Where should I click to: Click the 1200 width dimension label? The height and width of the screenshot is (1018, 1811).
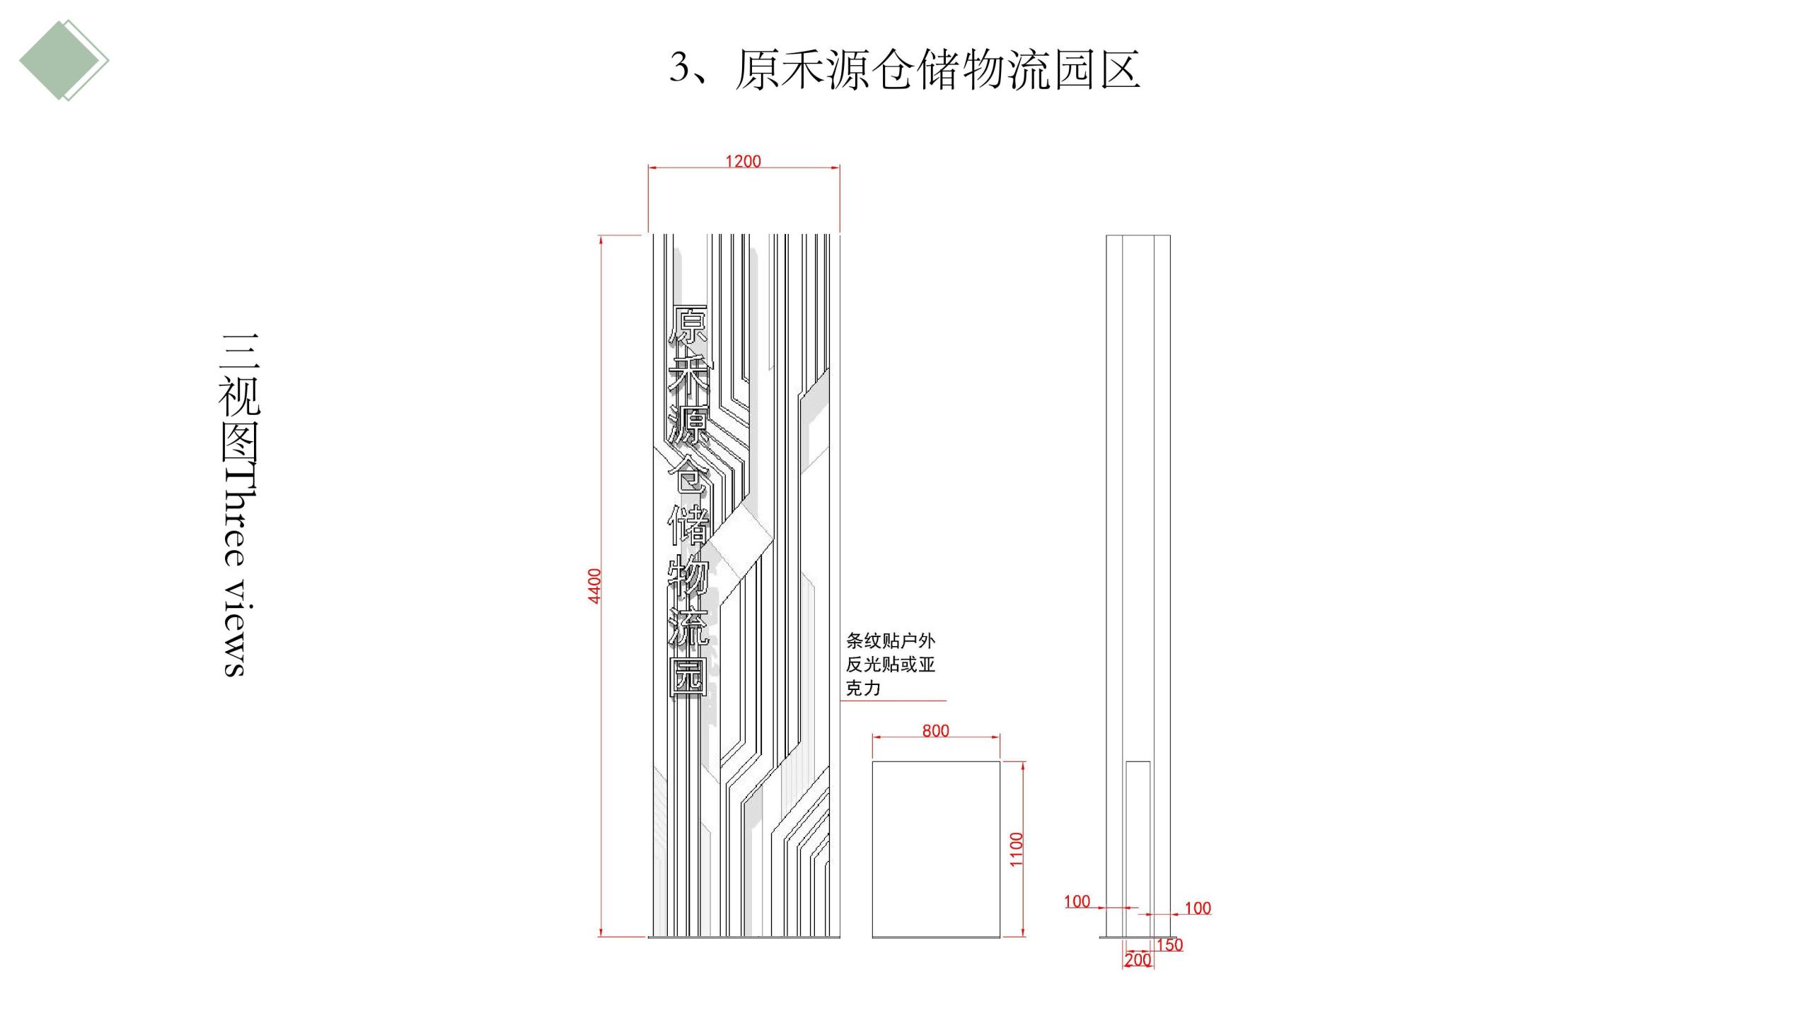tap(743, 161)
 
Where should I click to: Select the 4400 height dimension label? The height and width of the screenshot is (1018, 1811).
tap(595, 586)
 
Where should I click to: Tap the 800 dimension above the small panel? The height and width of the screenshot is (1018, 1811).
tap(935, 730)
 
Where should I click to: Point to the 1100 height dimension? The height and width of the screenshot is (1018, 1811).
tap(1017, 849)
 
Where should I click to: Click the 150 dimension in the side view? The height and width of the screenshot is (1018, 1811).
tap(1169, 944)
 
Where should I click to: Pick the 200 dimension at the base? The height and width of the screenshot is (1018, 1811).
tap(1138, 960)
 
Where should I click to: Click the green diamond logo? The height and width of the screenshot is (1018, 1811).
tap(63, 60)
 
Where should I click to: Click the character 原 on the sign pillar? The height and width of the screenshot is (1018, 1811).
tap(688, 325)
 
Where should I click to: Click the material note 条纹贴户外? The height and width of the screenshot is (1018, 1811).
tap(891, 641)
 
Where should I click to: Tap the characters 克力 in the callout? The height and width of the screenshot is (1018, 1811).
tap(863, 688)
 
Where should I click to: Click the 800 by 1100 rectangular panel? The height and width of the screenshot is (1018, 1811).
tap(935, 849)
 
